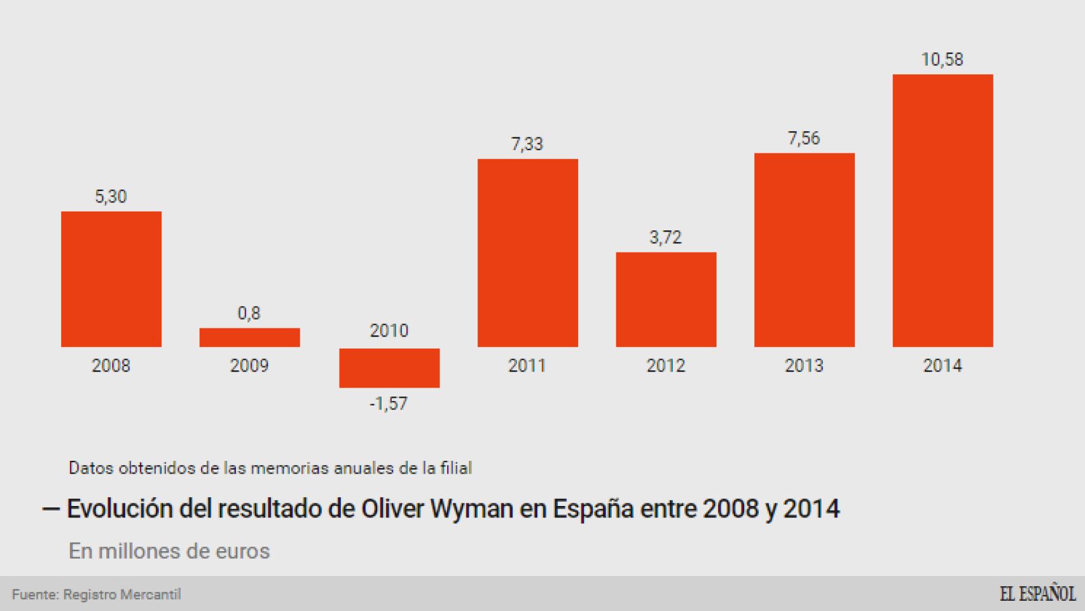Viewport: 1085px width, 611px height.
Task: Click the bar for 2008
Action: point(111,279)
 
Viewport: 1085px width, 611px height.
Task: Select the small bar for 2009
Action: point(249,337)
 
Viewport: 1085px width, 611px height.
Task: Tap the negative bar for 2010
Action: point(389,368)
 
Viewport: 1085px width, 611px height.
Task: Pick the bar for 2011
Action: point(527,253)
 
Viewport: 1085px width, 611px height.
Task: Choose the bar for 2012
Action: point(666,299)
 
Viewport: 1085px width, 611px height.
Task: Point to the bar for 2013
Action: point(804,249)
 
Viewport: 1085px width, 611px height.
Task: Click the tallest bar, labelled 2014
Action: point(943,210)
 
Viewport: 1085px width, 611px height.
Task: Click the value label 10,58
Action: point(943,60)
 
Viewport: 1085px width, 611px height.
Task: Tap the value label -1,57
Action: point(389,404)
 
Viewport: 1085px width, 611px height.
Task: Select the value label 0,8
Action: point(249,313)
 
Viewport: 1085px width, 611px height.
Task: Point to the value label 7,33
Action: point(527,144)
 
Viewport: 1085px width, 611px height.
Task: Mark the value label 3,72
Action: point(666,237)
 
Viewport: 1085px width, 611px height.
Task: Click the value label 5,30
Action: point(111,197)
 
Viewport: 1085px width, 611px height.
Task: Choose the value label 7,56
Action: point(804,138)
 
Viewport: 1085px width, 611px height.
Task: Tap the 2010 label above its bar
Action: point(389,330)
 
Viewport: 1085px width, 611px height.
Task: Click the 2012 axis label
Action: point(666,366)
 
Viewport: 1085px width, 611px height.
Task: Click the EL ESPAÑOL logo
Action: point(1037,594)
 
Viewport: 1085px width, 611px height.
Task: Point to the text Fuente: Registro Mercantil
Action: point(97,594)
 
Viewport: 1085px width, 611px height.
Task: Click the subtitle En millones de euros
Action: point(169,551)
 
